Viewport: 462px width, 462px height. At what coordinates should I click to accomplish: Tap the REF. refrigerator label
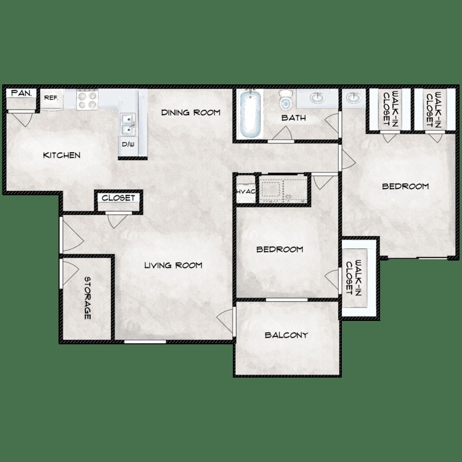51,97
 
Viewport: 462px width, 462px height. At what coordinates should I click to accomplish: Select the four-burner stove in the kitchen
87,100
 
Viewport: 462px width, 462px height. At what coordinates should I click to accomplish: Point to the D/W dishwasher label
128,145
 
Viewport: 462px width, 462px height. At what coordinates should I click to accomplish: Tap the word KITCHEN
61,155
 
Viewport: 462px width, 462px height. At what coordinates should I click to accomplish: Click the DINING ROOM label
191,113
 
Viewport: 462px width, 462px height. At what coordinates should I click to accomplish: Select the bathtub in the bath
251,115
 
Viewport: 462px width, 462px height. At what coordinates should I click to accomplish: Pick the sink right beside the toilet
317,99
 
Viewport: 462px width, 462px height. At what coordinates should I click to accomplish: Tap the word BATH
293,118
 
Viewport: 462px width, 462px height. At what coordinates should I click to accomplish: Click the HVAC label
245,192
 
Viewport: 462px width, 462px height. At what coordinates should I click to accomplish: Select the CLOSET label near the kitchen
118,198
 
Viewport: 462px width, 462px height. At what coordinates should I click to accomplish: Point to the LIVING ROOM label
173,265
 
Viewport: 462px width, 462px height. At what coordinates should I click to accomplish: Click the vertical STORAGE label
87,298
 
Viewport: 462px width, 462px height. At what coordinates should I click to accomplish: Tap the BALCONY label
286,335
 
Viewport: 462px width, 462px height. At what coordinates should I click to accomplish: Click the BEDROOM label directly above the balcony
280,249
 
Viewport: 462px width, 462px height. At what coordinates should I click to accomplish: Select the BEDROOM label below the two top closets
405,186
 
